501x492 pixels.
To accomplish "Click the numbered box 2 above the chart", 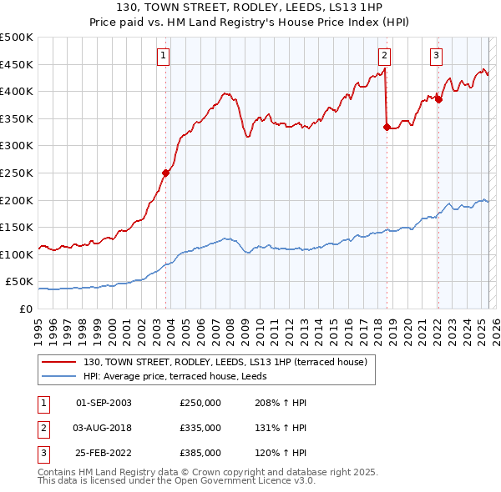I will [384, 56].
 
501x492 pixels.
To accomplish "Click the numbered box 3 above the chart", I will [436, 56].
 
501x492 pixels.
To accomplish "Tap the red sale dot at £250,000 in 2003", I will [165, 173].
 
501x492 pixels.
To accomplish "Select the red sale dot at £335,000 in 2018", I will [387, 128].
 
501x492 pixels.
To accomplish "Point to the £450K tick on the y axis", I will [17, 65].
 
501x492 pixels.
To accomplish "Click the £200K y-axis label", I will [17, 201].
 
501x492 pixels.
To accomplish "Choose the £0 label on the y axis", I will [25, 309].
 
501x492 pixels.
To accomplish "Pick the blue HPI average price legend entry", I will [185, 377].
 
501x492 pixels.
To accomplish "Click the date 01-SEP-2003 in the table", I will [104, 403].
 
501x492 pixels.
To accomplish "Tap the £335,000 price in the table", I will [200, 428].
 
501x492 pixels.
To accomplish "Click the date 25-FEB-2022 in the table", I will [104, 453].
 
